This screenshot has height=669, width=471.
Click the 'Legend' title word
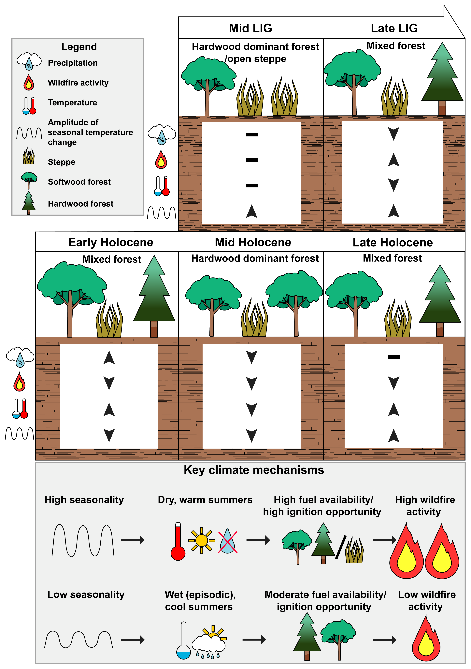pyautogui.click(x=79, y=47)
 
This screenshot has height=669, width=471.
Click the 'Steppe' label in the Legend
pyautogui.click(x=61, y=162)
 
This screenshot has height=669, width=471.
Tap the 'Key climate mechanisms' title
pyautogui.click(x=254, y=470)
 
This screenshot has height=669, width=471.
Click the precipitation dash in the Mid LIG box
pyautogui.click(x=251, y=135)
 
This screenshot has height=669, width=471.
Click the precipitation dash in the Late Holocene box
pyautogui.click(x=394, y=357)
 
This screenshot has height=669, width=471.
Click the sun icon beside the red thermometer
pyautogui.click(x=201, y=540)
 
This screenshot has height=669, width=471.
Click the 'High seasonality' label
pyautogui.click(x=84, y=500)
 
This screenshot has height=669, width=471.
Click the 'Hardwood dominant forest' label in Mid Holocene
pyautogui.click(x=255, y=258)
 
